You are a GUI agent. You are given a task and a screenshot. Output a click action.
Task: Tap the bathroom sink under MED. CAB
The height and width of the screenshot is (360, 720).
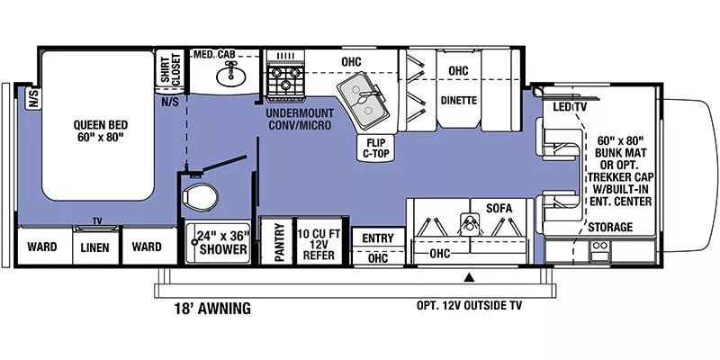pyautogui.click(x=229, y=76)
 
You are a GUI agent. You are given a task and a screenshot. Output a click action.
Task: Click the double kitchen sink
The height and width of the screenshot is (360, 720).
pyautogui.click(x=364, y=100)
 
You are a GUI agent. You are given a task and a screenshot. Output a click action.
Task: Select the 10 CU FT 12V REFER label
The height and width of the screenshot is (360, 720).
pyautogui.click(x=320, y=241)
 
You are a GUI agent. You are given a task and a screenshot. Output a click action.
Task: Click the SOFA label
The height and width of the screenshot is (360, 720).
pyautogui.click(x=499, y=209)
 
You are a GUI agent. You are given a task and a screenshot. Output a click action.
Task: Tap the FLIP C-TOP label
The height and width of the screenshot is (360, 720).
pyautogui.click(x=374, y=147)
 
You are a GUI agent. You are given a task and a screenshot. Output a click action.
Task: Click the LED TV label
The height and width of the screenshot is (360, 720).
pyautogui.click(x=571, y=107)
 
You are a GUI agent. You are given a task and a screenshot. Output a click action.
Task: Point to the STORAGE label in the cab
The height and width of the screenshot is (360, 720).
pyautogui.click(x=610, y=228)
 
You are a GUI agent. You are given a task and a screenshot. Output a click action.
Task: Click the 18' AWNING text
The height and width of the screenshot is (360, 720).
pyautogui.click(x=212, y=308)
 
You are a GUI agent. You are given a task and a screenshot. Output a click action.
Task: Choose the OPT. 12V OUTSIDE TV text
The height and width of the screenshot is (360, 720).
pyautogui.click(x=469, y=304)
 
